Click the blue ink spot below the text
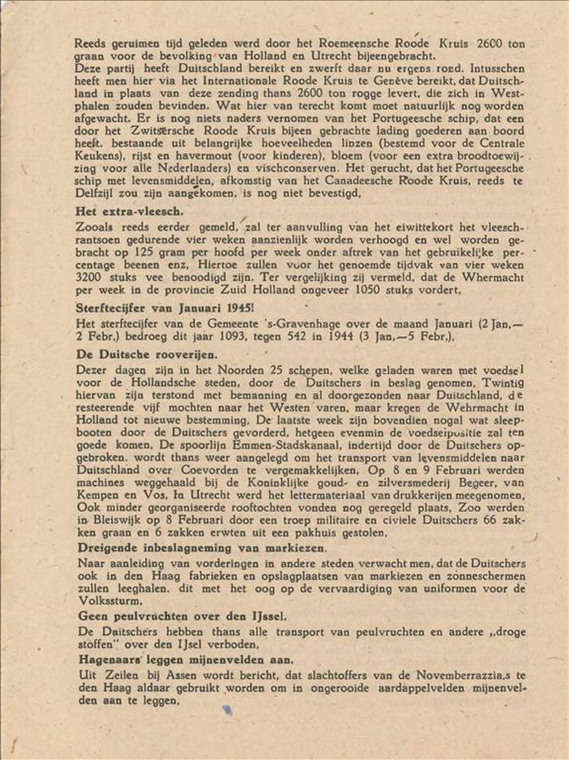[x=226, y=709]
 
